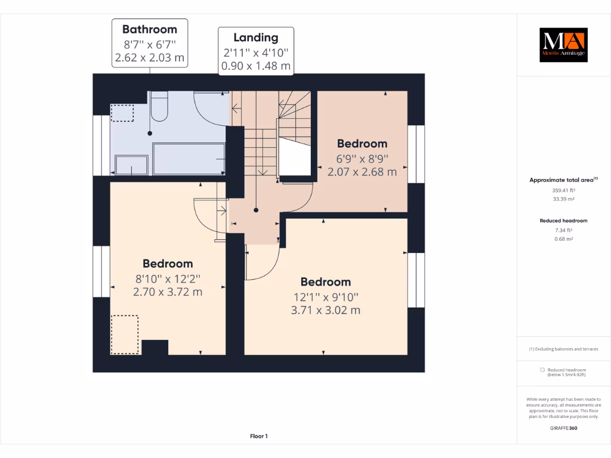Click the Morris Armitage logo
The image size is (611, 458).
click(563, 45)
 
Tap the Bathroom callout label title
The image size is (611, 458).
click(150, 29)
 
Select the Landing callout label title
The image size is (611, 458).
click(256, 38)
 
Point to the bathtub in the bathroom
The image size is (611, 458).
click(189, 159)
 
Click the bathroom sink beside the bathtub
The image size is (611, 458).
click(131, 165)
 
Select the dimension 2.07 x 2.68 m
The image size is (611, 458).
click(362, 172)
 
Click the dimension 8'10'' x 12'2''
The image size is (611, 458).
click(167, 278)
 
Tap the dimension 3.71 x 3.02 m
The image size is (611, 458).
click(325, 310)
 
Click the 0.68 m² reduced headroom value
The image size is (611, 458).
click(563, 239)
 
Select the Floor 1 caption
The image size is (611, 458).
click(258, 437)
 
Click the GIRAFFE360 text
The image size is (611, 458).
click(563, 428)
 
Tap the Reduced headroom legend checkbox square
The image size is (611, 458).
click(542, 370)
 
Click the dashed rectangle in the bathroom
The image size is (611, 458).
click(122, 113)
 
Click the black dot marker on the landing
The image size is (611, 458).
click(256, 210)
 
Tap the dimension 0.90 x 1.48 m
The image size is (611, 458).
click(256, 66)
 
